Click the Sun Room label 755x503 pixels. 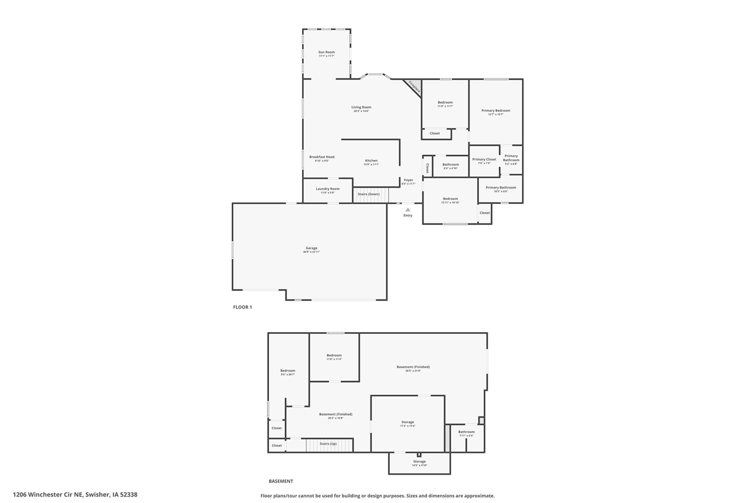coord(326,52)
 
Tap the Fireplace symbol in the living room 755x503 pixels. coord(413,87)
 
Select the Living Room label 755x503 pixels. coord(361,107)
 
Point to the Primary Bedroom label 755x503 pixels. coord(495,111)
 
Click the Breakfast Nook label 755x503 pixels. coord(321,157)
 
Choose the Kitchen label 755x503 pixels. coord(371,161)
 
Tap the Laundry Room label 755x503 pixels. coord(327,189)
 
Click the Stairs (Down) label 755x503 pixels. coord(370,194)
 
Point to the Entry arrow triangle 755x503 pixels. coord(408,209)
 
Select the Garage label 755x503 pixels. coord(311,248)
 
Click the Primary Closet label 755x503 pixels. coord(484,159)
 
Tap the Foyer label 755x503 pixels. coord(408,180)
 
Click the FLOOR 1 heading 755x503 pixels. coord(242,307)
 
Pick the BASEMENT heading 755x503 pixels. coord(281,481)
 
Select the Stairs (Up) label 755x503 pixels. coord(328,443)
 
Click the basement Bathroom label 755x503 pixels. coord(466,432)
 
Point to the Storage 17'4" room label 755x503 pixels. coord(408,422)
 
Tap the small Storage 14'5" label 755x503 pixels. coord(419,461)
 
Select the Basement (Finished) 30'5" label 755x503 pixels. coord(413,367)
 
